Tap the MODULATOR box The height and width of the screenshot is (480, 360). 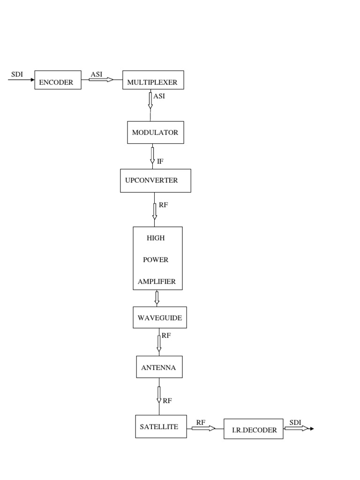click(155, 133)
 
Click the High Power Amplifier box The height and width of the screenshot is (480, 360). click(157, 258)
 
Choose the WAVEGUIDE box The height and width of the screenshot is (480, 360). click(159, 318)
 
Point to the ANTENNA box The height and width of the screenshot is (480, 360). click(158, 367)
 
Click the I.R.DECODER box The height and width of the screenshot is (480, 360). click(253, 429)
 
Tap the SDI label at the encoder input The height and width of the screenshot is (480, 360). click(17, 75)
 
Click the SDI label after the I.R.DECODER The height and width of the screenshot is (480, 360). click(295, 422)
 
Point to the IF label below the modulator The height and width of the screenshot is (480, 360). click(160, 161)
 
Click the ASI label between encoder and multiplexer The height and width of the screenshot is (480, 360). click(97, 74)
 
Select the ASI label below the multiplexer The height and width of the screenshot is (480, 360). click(159, 97)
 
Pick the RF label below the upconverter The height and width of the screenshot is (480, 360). click(163, 205)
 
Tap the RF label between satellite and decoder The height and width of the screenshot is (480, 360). click(201, 422)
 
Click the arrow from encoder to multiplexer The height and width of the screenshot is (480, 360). click(101, 80)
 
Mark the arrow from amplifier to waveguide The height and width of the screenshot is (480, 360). click(157, 298)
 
